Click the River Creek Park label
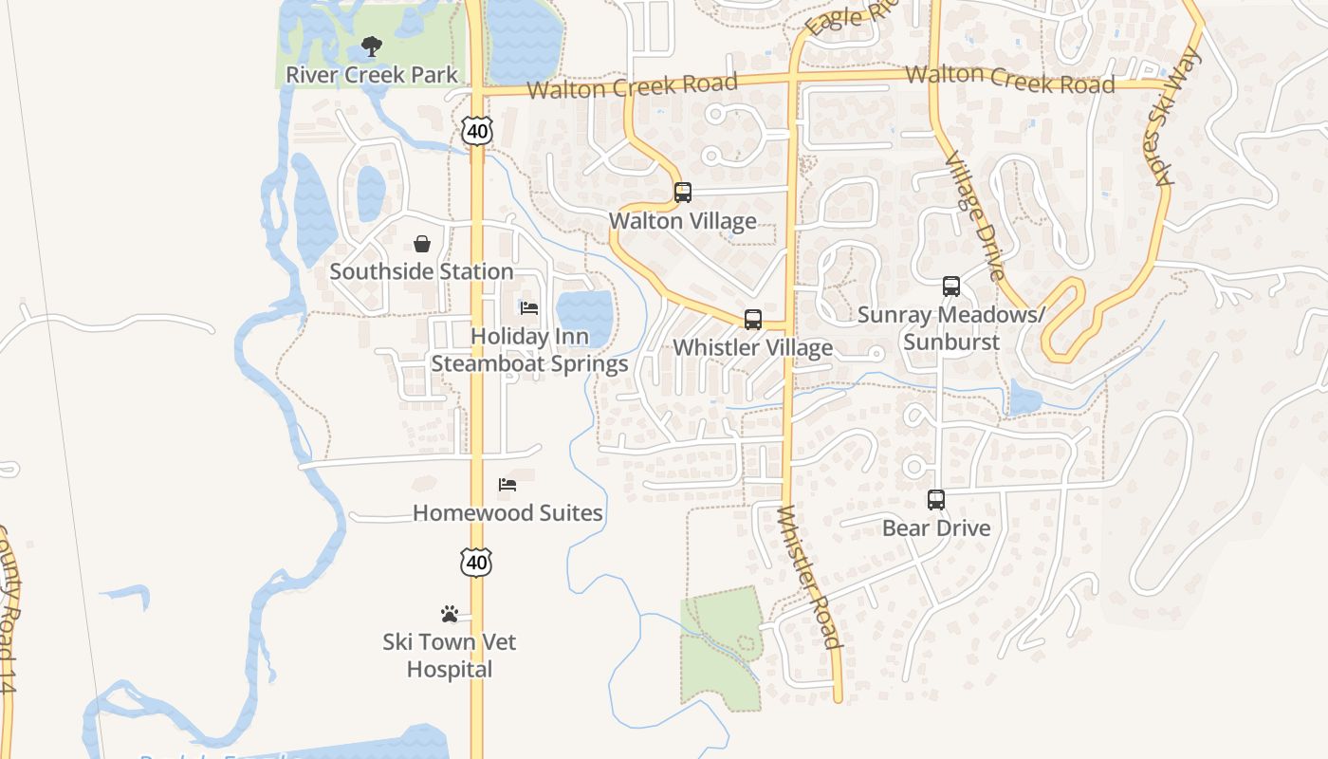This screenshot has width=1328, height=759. pyautogui.click(x=372, y=74)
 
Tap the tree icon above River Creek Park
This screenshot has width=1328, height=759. pyautogui.click(x=372, y=46)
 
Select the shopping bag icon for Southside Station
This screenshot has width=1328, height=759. pyautogui.click(x=422, y=244)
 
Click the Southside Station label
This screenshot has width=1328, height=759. pyautogui.click(x=422, y=271)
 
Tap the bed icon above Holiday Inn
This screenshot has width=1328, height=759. pyautogui.click(x=529, y=307)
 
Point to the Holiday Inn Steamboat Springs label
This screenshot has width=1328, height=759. pyautogui.click(x=529, y=350)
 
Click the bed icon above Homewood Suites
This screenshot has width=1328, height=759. pyautogui.click(x=507, y=485)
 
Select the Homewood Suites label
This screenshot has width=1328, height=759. pyautogui.click(x=507, y=512)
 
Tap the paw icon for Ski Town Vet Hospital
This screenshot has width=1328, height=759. pyautogui.click(x=450, y=614)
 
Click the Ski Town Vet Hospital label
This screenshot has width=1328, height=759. pyautogui.click(x=450, y=656)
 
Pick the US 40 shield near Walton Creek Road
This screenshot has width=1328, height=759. pyautogui.click(x=477, y=130)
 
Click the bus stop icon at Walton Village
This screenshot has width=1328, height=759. pyautogui.click(x=683, y=193)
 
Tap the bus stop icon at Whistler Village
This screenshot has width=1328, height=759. pyautogui.click(x=753, y=319)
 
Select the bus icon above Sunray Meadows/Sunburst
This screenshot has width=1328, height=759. pyautogui.click(x=951, y=286)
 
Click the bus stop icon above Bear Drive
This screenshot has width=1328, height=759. pyautogui.click(x=936, y=499)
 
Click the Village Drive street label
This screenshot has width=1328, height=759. pyautogui.click(x=974, y=216)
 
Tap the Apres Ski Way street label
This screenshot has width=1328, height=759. pyautogui.click(x=1172, y=116)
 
